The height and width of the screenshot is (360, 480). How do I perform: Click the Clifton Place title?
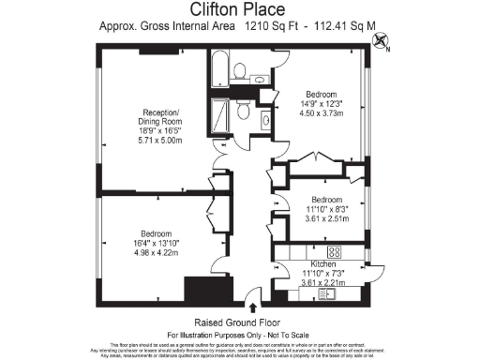[239, 10]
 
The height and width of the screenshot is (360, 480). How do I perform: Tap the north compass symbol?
[382, 39]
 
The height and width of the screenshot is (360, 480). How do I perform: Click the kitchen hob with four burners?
[333, 252]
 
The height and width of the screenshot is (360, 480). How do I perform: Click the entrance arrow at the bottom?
[252, 303]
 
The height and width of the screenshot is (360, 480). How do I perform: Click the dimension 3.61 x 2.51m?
[330, 217]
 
